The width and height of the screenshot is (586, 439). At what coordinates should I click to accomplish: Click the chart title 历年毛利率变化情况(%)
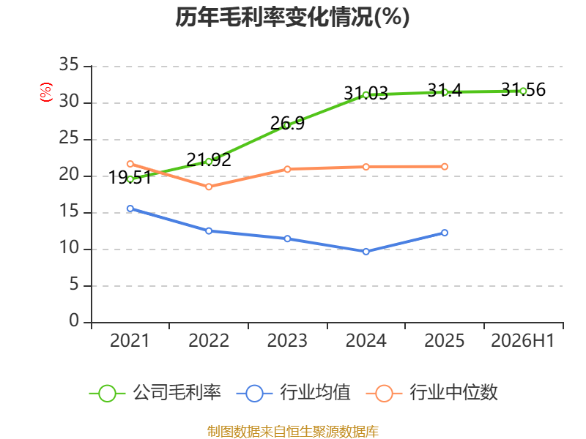292,17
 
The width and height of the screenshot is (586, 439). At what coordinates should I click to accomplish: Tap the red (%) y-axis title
45,92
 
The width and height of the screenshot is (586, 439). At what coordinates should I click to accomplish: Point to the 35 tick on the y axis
69,64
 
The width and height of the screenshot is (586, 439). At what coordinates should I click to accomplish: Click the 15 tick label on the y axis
69,211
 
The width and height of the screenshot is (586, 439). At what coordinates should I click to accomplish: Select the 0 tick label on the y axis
74,320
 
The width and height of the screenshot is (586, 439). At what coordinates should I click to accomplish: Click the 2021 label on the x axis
130,340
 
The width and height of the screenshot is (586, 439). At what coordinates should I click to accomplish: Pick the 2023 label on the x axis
287,340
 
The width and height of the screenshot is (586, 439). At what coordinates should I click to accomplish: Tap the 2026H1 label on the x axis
522,340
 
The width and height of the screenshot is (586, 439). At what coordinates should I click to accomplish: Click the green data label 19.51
130,178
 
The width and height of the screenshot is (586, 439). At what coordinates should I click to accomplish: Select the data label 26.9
287,123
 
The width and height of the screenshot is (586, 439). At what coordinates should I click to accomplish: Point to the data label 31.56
523,89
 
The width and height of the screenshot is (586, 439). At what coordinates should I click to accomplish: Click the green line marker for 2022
209,162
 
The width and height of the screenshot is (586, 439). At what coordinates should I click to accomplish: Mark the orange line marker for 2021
130,164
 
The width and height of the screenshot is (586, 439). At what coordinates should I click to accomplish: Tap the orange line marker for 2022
209,187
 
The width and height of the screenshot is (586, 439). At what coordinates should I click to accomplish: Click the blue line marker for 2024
366,252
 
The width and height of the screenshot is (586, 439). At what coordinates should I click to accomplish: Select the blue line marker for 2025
445,233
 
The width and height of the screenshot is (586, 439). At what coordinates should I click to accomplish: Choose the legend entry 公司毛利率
155,393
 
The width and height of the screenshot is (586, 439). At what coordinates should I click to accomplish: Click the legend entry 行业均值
294,393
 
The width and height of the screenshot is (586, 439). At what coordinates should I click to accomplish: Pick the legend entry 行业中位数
432,393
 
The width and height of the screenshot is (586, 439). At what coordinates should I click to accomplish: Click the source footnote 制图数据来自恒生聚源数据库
292,432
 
